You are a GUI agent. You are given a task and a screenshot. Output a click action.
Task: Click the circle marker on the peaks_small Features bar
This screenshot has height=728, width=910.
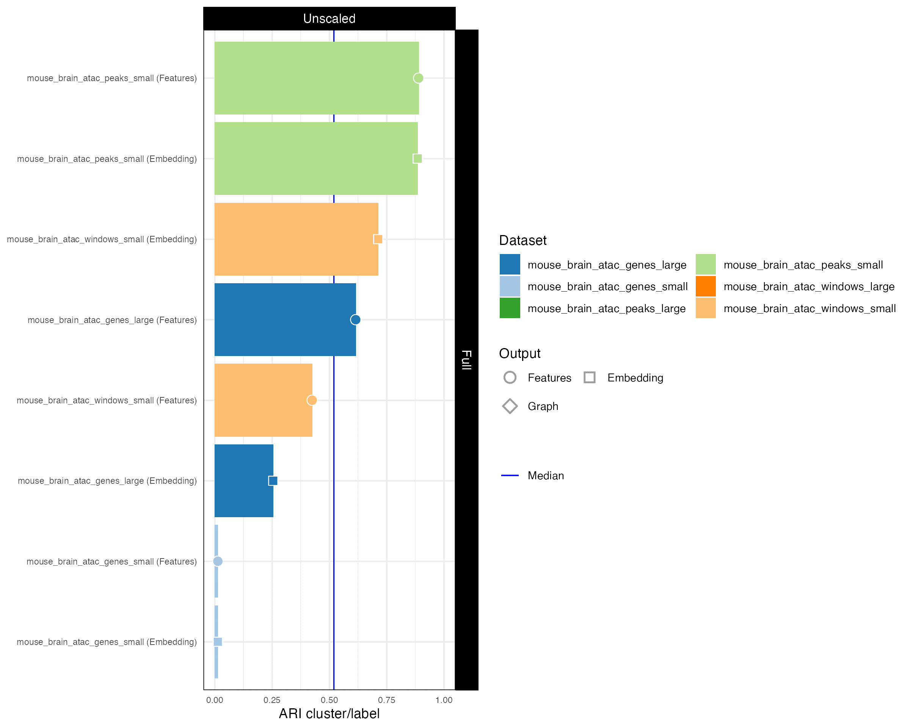[418, 78]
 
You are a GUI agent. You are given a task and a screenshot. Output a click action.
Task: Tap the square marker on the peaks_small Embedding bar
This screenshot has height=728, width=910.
[417, 159]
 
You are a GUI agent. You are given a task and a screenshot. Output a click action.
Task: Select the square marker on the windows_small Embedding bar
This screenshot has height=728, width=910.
[378, 239]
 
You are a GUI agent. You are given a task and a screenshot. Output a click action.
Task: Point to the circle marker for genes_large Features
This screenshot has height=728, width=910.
[355, 320]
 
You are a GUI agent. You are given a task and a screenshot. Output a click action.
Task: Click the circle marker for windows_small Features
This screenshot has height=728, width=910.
[312, 400]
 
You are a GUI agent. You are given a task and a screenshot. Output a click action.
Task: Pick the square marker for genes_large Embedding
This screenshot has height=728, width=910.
[273, 481]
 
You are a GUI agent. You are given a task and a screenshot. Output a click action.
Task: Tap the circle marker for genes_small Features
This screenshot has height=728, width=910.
[218, 561]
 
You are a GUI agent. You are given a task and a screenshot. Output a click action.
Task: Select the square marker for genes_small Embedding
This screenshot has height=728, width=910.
[218, 642]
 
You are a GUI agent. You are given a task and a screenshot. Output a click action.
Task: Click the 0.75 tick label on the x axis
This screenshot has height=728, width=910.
[387, 700]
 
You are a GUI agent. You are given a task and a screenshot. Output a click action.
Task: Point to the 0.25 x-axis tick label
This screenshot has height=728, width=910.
[272, 700]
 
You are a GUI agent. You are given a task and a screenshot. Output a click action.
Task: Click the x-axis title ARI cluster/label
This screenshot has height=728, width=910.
[329, 714]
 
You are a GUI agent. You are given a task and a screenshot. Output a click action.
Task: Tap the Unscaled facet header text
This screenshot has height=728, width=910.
[329, 19]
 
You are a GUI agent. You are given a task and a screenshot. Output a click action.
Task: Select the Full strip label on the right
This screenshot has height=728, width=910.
[466, 359]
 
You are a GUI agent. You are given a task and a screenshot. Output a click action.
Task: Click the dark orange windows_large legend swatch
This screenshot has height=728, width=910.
[706, 287]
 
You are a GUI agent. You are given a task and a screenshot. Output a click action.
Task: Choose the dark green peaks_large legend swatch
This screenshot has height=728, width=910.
[510, 309]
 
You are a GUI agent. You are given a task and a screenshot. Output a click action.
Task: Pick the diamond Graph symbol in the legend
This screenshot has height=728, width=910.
[510, 406]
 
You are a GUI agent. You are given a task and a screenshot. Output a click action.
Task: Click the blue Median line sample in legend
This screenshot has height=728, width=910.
[510, 475]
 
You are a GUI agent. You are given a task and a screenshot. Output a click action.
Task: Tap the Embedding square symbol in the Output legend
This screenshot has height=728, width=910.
[590, 377]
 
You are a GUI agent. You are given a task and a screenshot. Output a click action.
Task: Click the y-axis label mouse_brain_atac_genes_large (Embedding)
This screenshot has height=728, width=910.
[107, 481]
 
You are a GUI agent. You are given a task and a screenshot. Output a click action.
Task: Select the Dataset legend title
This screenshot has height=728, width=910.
[522, 240]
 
